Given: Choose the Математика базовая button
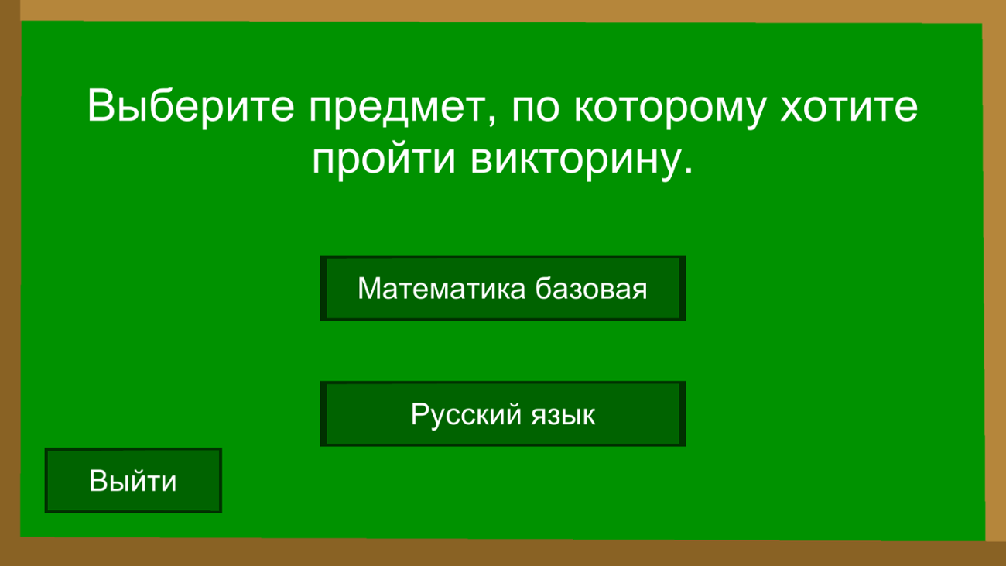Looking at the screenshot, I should pos(502,289).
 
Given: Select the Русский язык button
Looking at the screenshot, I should pos(502,414).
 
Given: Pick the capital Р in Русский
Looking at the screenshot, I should pos(419,414).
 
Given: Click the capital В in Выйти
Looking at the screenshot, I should pos(98,481).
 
